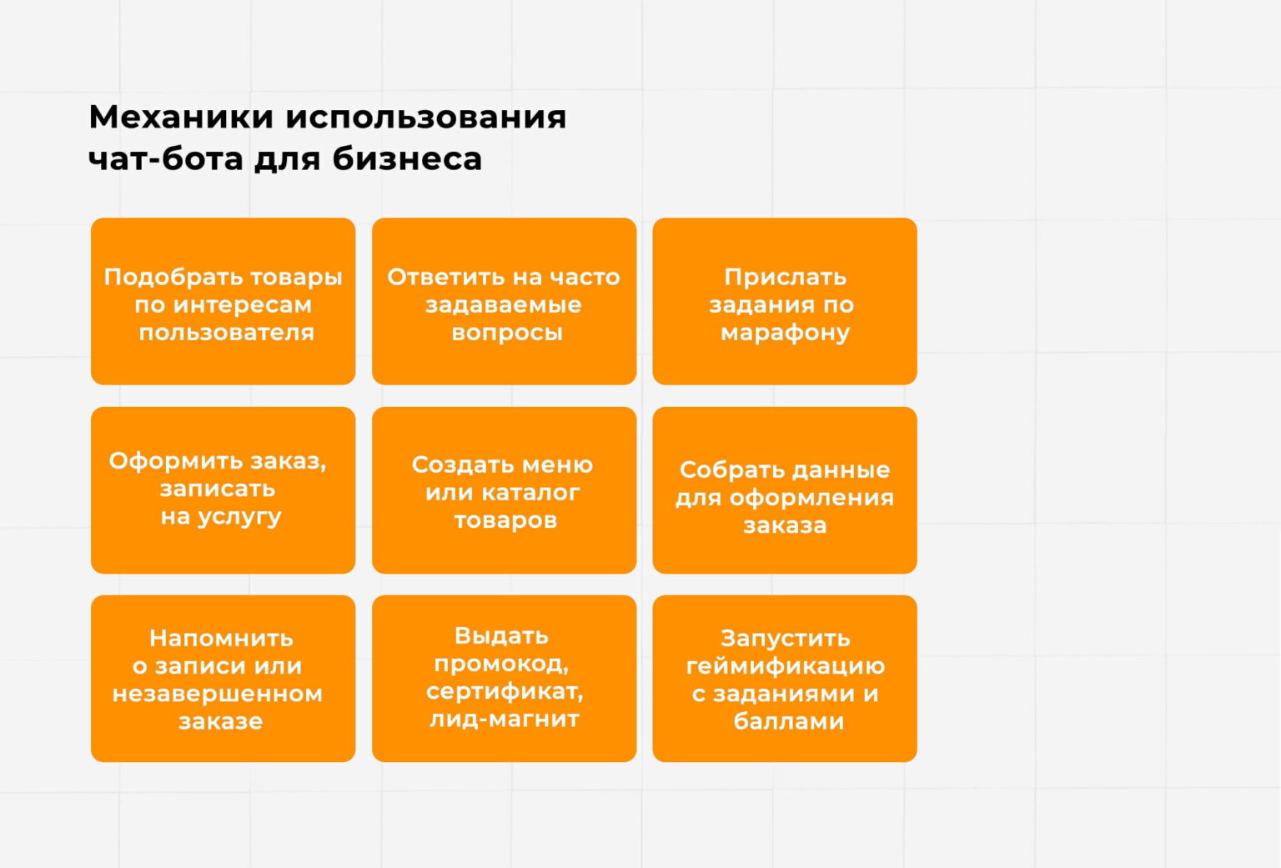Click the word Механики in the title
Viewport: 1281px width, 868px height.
(x=180, y=117)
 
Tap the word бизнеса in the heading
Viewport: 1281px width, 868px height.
(x=407, y=158)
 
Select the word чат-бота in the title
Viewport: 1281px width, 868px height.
(x=165, y=158)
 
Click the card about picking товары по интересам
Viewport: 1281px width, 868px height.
(x=223, y=301)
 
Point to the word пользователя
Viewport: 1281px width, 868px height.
(x=226, y=333)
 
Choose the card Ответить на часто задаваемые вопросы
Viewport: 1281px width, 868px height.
(x=504, y=301)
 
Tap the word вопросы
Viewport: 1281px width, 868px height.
(x=506, y=333)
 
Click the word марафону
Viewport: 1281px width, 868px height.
(x=785, y=333)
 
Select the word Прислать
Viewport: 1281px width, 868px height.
(x=785, y=277)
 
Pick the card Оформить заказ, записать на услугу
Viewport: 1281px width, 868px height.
(x=223, y=490)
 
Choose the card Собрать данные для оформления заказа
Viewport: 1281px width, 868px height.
(x=785, y=490)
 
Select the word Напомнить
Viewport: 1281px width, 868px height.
(x=221, y=639)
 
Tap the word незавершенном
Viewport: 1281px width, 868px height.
(x=218, y=694)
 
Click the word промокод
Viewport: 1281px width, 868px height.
(x=501, y=664)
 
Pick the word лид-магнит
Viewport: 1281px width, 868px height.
(x=505, y=719)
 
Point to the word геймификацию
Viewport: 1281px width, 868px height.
(x=785, y=666)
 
